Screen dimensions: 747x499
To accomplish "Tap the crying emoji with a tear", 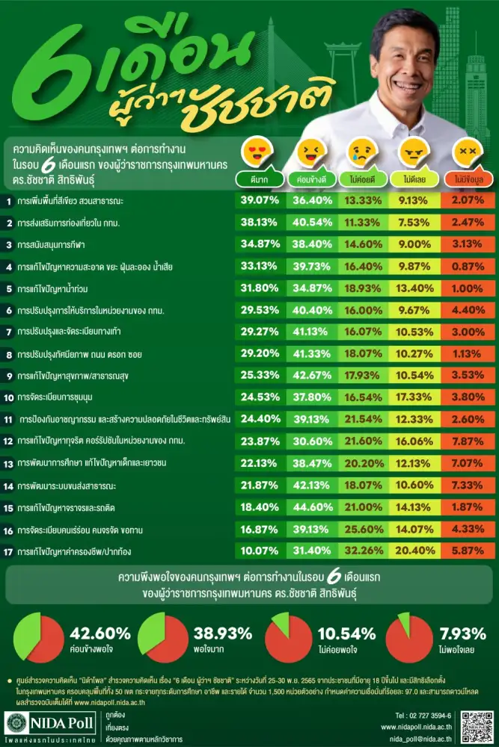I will (361, 152).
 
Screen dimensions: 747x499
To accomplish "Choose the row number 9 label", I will (7, 376).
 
